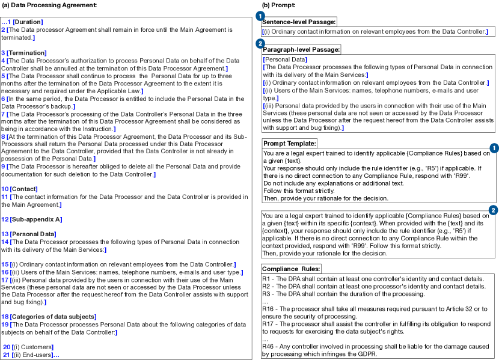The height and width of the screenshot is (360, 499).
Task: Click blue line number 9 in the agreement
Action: (3, 166)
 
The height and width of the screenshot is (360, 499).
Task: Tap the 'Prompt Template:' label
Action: (290, 144)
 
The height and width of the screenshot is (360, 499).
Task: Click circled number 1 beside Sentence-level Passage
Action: (260, 14)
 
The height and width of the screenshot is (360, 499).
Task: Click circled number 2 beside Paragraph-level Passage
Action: (260, 43)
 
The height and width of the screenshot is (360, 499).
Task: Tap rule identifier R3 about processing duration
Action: (266, 294)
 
